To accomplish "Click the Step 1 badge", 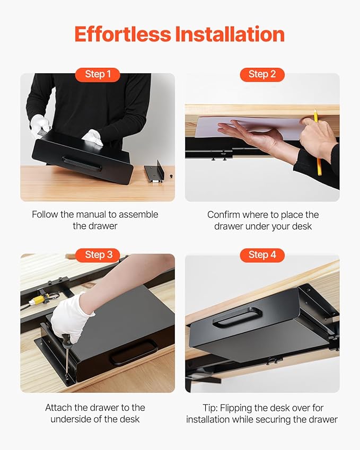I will click(98, 74).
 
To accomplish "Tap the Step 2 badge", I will click(262, 74).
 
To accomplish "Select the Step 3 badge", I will click(98, 255).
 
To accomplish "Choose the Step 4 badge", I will click(262, 255).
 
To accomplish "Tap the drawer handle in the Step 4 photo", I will click(238, 316).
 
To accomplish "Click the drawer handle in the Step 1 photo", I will click(82, 163).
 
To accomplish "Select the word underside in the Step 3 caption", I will click(76, 419).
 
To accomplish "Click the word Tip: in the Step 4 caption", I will click(210, 408).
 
